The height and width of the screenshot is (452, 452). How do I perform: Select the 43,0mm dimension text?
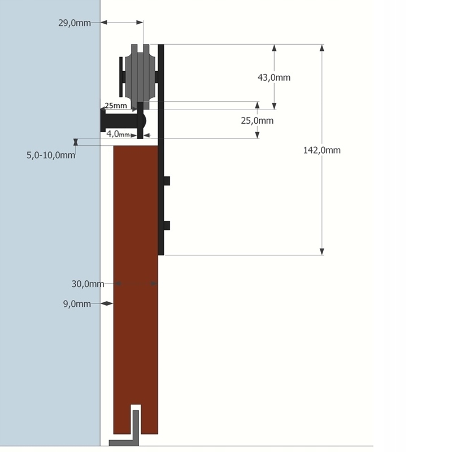tap(274, 77)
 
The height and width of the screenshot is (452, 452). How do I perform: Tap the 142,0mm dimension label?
tap(322, 150)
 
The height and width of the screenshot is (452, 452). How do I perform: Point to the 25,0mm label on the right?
tap(257, 120)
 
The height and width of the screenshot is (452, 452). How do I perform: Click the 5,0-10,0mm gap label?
tap(51, 155)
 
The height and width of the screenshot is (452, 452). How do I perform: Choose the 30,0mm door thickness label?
tap(88, 284)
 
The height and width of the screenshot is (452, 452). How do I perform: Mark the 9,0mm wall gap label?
tap(77, 304)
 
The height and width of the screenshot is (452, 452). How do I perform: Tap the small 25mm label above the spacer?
tap(115, 106)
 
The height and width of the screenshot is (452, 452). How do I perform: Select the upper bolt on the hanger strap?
tap(167, 181)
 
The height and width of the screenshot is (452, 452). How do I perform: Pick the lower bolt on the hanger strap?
tap(167, 225)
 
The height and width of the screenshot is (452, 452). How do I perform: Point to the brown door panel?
tap(136, 282)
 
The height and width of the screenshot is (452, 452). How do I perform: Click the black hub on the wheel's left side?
tap(122, 76)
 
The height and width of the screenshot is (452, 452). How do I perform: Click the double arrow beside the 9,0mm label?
tap(107, 304)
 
